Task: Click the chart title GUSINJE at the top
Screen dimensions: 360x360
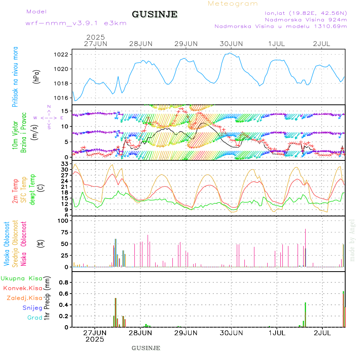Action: pos(154,15)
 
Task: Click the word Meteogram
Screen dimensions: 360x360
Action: pos(233,4)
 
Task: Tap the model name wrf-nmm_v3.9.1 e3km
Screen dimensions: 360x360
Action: pos(76,23)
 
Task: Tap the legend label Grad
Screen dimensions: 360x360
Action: pos(34,318)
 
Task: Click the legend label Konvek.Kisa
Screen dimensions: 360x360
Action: pos(22,288)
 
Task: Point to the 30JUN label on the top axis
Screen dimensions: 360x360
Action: pos(231,44)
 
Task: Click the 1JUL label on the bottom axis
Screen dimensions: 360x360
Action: pos(276,332)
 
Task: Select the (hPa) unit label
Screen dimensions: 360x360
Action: pos(37,76)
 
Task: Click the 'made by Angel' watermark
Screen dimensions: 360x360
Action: pos(352,240)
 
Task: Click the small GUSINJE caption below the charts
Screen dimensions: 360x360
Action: pos(146,348)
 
